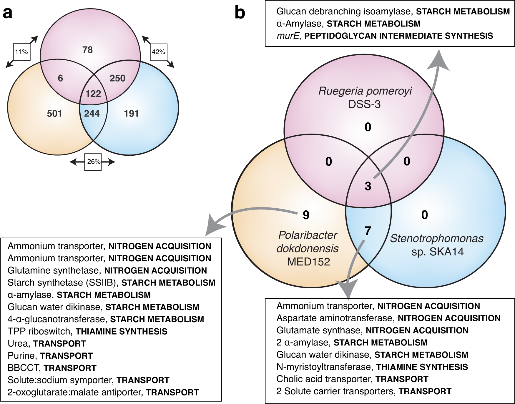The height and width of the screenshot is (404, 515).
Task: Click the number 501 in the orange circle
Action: [54, 114]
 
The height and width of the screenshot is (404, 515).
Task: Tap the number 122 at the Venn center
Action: [93, 94]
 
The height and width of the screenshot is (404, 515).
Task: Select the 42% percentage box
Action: [159, 52]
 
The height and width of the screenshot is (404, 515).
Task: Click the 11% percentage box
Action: [22, 52]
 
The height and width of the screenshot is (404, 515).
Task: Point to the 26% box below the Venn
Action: [93, 162]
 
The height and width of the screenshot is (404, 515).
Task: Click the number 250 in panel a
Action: [117, 78]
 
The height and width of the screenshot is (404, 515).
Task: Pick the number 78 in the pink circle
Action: [87, 50]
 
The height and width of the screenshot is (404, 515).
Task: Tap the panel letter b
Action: [240, 13]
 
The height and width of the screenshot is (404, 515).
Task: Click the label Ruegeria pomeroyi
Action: [365, 91]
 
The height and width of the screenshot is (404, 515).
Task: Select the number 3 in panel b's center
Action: [368, 186]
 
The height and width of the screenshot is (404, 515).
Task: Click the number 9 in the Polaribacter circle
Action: [306, 215]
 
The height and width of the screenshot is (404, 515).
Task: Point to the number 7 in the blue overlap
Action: [368, 231]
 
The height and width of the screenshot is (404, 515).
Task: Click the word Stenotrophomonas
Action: [437, 238]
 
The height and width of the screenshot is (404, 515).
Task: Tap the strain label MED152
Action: [308, 262]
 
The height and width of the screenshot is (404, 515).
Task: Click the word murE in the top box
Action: [288, 36]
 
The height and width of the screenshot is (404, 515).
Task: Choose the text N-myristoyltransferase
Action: [324, 367]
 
